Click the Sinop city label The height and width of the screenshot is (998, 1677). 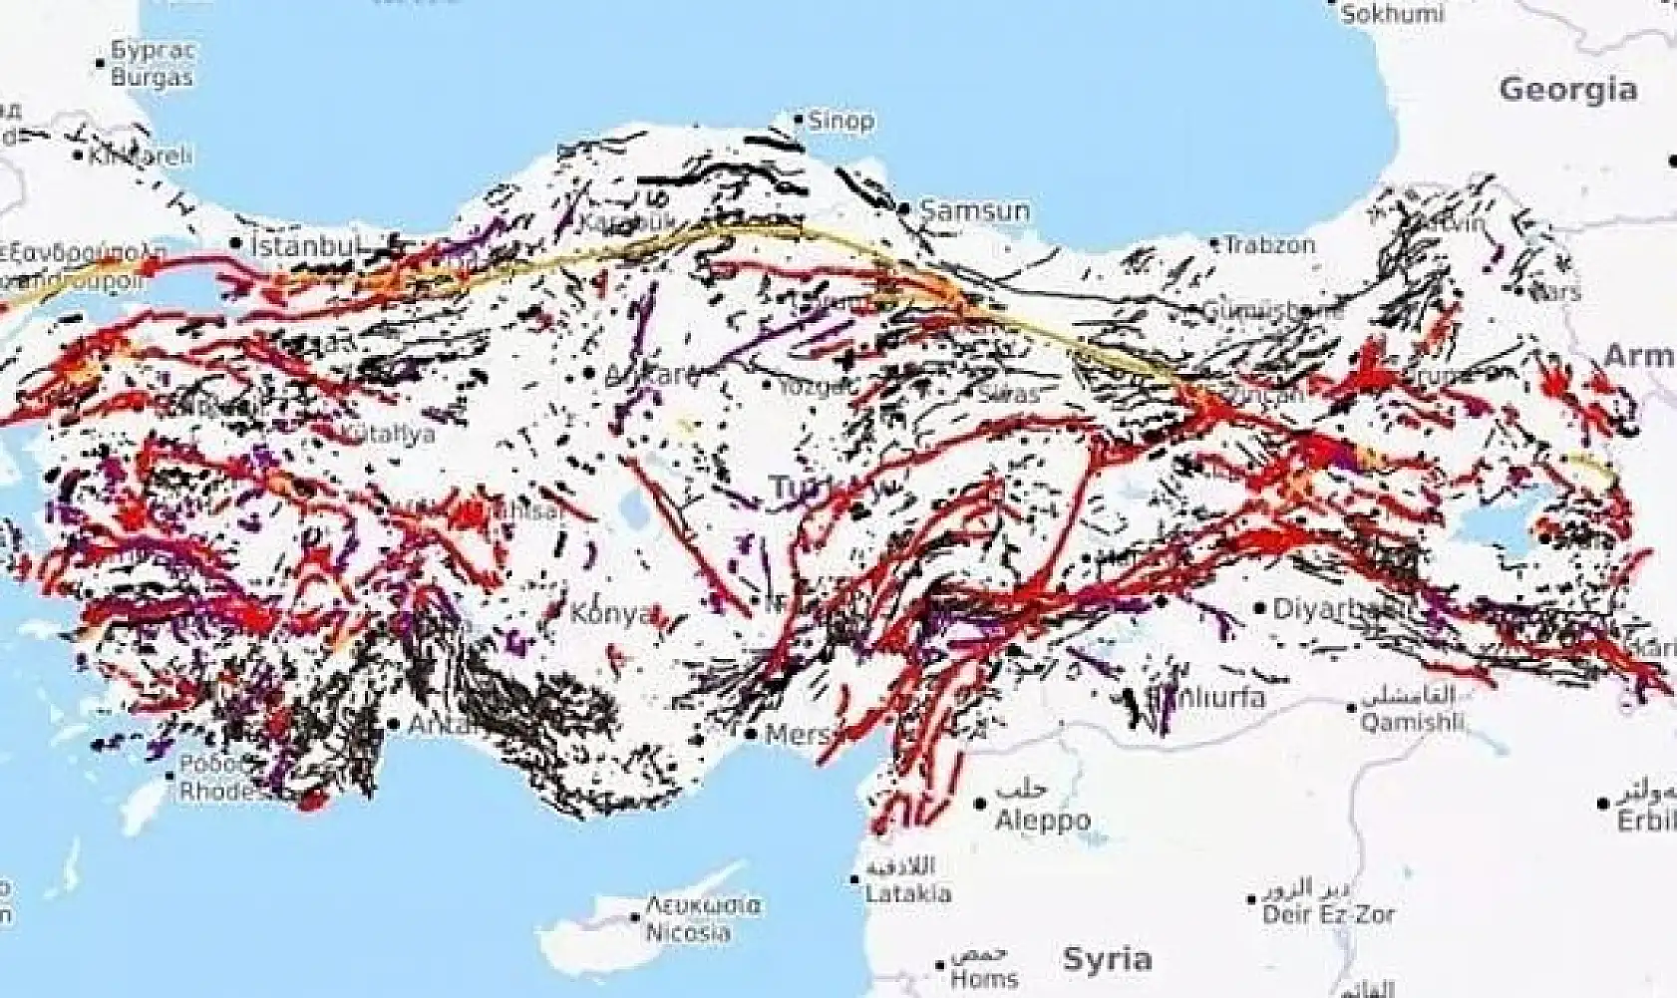point(840,122)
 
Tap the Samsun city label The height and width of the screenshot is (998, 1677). point(975,210)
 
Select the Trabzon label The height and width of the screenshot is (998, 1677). point(1269,244)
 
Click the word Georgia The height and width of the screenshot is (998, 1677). point(1567,90)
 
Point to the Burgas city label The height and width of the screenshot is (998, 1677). point(152,77)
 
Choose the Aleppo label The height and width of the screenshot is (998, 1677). point(1043,822)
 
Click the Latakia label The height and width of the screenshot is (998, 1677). point(907,893)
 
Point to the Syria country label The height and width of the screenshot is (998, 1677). point(1107,959)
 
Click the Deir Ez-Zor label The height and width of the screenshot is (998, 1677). point(1328,913)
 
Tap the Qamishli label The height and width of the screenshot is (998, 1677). point(1412,722)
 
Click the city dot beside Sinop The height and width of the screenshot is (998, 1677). point(799,120)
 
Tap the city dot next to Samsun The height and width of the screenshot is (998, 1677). point(904,208)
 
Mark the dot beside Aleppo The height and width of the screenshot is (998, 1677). point(982,803)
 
